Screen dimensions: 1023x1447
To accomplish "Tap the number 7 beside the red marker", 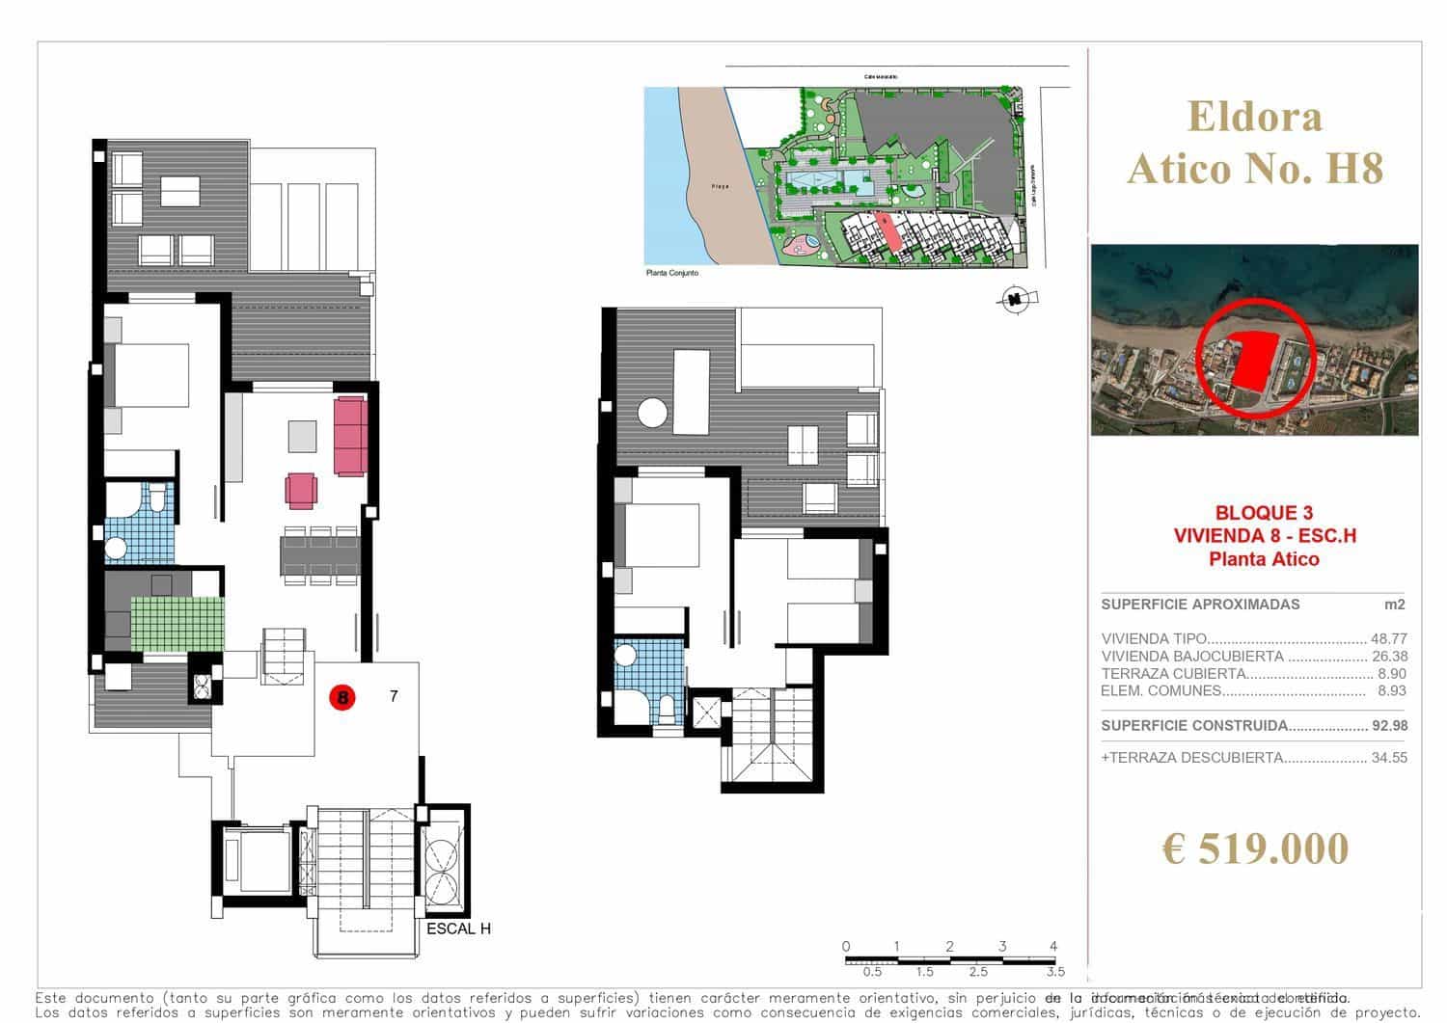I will point(394,695).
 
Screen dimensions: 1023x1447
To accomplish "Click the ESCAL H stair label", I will point(459,929).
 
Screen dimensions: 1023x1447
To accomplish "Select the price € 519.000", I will point(1255,848).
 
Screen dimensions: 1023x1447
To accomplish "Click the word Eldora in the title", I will point(1255,118).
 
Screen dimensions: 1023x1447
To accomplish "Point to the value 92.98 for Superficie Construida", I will point(1389,726).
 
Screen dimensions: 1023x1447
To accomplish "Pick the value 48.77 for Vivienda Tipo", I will point(1389,638).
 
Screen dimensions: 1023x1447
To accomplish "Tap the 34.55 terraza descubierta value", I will point(1389,758).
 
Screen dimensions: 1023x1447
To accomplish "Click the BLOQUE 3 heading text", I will point(1264,513).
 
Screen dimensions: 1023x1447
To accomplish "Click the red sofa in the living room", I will point(349,436).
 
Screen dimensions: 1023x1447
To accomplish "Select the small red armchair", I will point(300,490).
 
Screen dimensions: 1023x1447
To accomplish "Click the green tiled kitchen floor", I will point(177,624).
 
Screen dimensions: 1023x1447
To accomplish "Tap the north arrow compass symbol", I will point(1014,300).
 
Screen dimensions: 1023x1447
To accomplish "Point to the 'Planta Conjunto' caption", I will point(671,273).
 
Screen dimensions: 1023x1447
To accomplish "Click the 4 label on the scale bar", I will point(1053,946).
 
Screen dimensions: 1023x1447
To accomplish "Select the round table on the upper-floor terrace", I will point(652,413).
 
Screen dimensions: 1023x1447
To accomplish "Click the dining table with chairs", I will point(320,556).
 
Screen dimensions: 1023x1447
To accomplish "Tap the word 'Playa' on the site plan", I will point(720,186).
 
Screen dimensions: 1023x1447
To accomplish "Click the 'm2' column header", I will point(1395,605).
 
